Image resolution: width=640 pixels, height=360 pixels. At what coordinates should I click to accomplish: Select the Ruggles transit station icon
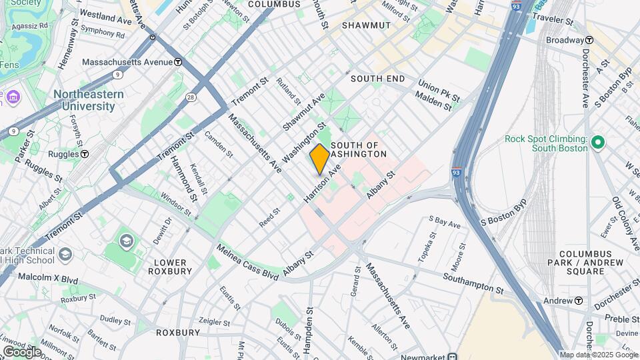click(85, 154)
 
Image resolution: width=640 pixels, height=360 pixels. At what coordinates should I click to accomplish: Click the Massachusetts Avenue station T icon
click(178, 62)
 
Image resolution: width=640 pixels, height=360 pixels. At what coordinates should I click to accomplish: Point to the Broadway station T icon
click(590, 40)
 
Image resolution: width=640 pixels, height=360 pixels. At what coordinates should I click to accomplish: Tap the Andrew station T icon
click(578, 301)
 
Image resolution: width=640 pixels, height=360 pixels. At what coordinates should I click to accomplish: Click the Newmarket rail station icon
click(453, 356)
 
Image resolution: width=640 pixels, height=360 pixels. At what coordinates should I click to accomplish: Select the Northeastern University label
click(88, 100)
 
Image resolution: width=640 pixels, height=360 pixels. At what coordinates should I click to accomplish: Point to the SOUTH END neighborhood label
click(377, 79)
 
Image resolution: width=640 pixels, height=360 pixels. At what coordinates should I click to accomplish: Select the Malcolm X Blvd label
click(48, 276)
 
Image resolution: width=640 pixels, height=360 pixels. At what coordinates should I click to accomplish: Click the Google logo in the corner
click(21, 351)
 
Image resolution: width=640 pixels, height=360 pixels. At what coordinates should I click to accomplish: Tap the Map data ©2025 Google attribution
click(598, 355)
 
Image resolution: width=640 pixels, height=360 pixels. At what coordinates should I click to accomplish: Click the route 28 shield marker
click(191, 97)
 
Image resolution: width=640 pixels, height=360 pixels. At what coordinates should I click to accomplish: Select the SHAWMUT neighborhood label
click(365, 25)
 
